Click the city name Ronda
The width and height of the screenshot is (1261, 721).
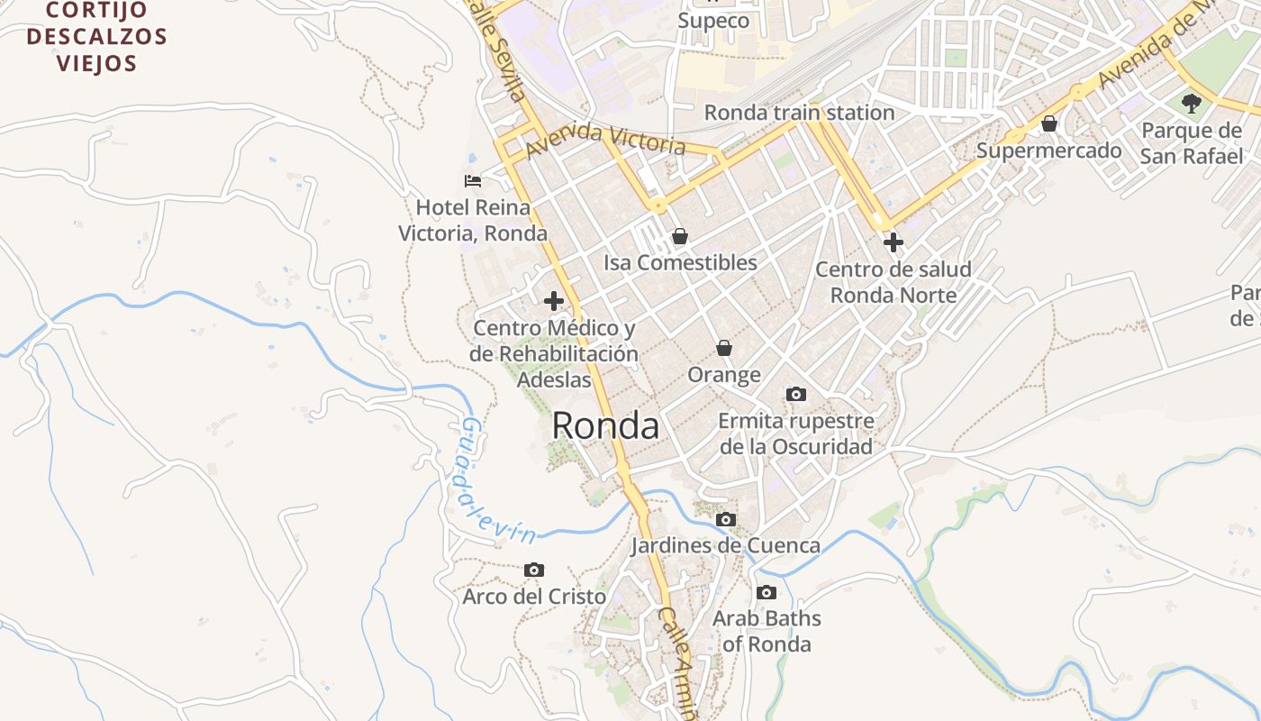click(605, 425)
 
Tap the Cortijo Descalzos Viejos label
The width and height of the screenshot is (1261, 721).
click(97, 37)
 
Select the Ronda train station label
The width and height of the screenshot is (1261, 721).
click(799, 113)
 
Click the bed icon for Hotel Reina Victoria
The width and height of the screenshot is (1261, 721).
click(473, 181)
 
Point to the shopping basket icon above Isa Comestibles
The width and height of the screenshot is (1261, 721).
click(680, 236)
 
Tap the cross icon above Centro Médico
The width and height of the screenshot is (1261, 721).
click(554, 301)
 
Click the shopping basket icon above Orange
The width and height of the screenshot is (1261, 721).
click(724, 348)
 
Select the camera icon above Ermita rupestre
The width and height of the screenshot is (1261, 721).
click(796, 394)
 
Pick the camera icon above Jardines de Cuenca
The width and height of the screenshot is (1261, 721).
click(726, 519)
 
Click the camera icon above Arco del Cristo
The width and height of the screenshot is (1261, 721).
click(534, 570)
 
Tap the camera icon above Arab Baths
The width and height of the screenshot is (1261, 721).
click(767, 592)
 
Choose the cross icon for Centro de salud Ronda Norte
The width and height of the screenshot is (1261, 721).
click(894, 242)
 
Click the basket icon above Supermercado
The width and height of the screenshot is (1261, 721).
click(1049, 123)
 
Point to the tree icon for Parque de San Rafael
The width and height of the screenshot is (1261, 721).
click(1192, 103)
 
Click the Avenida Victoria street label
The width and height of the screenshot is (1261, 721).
click(606, 139)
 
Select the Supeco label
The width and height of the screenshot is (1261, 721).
click(713, 20)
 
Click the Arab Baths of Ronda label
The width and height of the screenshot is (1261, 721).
click(767, 631)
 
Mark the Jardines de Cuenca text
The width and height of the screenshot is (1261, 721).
click(725, 545)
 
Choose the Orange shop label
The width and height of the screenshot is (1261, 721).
click(724, 374)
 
